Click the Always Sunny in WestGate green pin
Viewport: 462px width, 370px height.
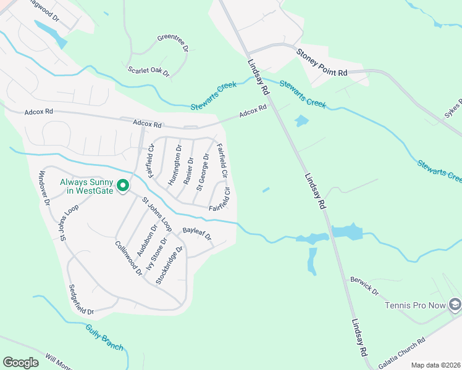tap(123, 185)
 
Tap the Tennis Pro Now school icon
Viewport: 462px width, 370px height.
tap(455, 304)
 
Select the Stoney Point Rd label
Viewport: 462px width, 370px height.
tap(322, 64)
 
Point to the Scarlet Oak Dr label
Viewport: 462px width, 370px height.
tap(148, 71)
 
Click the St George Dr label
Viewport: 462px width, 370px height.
tap(203, 171)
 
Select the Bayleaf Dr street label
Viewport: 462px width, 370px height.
tap(197, 233)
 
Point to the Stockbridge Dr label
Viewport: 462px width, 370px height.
tap(170, 265)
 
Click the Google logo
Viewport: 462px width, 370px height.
tap(20, 362)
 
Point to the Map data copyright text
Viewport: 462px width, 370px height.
tap(435, 365)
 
